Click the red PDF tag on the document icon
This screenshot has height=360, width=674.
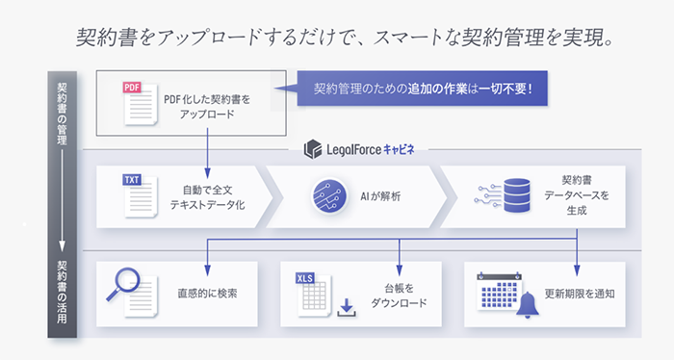tap(132, 88)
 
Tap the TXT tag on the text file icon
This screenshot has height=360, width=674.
tap(132, 180)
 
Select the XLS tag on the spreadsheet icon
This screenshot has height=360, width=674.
tap(305, 278)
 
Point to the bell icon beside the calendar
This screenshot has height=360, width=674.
tap(528, 304)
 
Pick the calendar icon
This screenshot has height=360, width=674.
tap(499, 291)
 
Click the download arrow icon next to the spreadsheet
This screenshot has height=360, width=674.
tap(347, 308)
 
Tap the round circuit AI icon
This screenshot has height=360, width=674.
tap(329, 196)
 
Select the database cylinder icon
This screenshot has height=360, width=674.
tap(517, 196)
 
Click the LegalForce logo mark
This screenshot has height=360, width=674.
tap(313, 149)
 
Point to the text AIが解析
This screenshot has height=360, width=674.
tap(380, 196)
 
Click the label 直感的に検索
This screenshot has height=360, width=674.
tap(208, 294)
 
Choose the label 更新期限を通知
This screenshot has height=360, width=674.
tap(580, 294)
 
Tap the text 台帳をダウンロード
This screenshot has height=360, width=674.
tap(399, 296)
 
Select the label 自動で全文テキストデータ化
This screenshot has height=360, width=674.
tap(208, 197)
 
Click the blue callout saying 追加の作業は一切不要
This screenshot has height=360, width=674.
tap(423, 89)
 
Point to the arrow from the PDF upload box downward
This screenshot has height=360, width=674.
tap(207, 153)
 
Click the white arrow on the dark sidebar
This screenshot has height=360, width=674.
tap(63, 200)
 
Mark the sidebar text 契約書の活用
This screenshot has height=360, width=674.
tap(63, 292)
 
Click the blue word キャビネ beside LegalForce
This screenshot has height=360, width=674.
tap(399, 149)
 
